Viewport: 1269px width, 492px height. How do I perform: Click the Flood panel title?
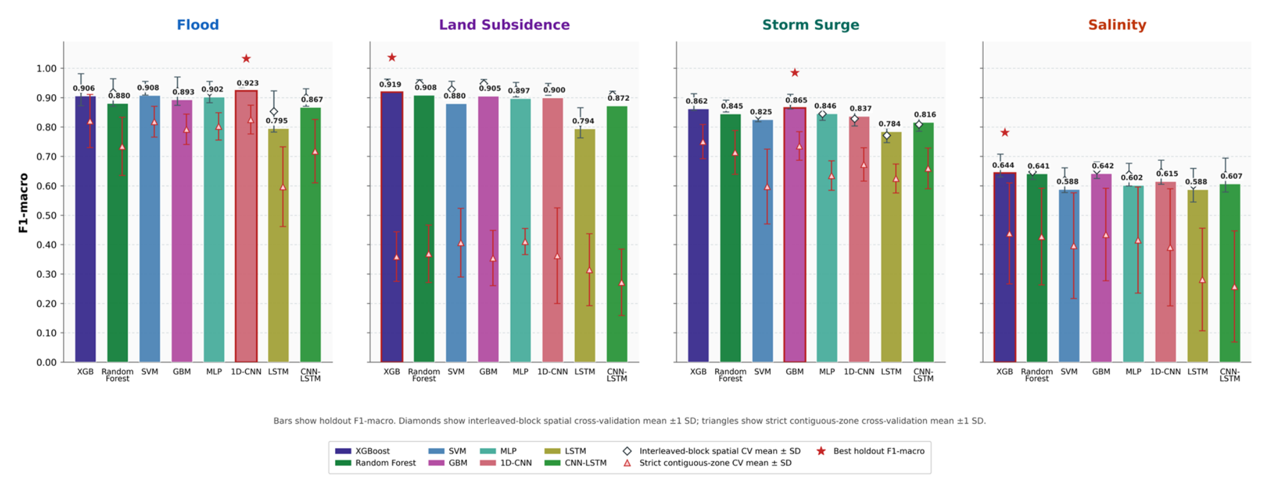point(198,25)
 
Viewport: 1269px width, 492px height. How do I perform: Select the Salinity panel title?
point(1117,25)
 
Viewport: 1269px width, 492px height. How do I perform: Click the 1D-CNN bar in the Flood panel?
point(246,226)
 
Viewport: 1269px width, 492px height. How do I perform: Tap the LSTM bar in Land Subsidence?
point(585,245)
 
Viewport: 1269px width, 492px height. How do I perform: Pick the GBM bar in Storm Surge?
point(795,235)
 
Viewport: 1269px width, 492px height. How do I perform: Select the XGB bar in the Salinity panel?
point(1005,267)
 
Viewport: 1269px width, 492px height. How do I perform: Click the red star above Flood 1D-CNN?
point(246,58)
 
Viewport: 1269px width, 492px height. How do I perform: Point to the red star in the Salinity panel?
point(1005,133)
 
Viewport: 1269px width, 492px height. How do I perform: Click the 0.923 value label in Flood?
point(248,83)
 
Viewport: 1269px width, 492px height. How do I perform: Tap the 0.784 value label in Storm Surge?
point(890,124)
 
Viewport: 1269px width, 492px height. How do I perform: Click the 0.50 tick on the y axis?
point(46,215)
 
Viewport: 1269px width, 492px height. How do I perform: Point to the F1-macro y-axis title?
point(23,203)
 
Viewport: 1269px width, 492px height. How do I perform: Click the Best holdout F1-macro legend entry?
point(870,451)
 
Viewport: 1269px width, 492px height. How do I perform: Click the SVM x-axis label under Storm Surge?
point(762,371)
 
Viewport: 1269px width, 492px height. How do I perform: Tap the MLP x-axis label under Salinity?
point(1133,371)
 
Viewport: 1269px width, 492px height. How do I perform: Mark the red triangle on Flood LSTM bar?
point(283,187)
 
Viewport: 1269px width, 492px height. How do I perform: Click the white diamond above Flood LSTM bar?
point(274,112)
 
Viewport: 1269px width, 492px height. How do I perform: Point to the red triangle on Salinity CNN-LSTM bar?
point(1234,287)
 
